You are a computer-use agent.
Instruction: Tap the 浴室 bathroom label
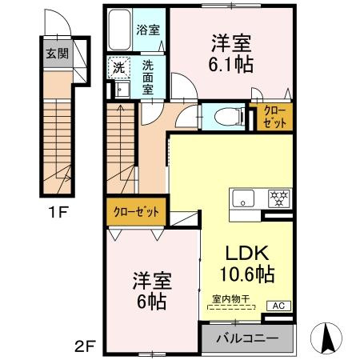click(x=149, y=31)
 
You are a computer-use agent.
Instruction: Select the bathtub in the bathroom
click(x=120, y=31)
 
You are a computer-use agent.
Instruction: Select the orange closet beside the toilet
click(x=273, y=118)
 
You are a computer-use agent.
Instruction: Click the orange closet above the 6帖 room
click(x=135, y=212)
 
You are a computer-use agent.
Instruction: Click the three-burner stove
click(x=278, y=197)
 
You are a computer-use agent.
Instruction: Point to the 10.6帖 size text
click(x=247, y=274)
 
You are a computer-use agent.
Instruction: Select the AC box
click(x=279, y=306)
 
